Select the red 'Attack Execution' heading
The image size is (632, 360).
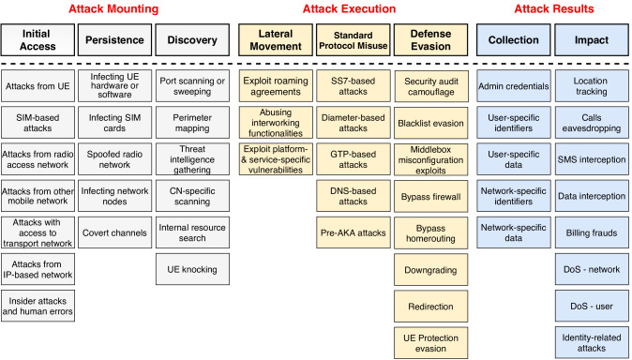[x=348, y=8]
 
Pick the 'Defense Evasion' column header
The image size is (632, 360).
[x=426, y=42]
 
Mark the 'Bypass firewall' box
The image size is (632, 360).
[x=426, y=197]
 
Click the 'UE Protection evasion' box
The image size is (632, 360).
[x=426, y=341]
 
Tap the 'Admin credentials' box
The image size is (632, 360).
[x=511, y=85]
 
